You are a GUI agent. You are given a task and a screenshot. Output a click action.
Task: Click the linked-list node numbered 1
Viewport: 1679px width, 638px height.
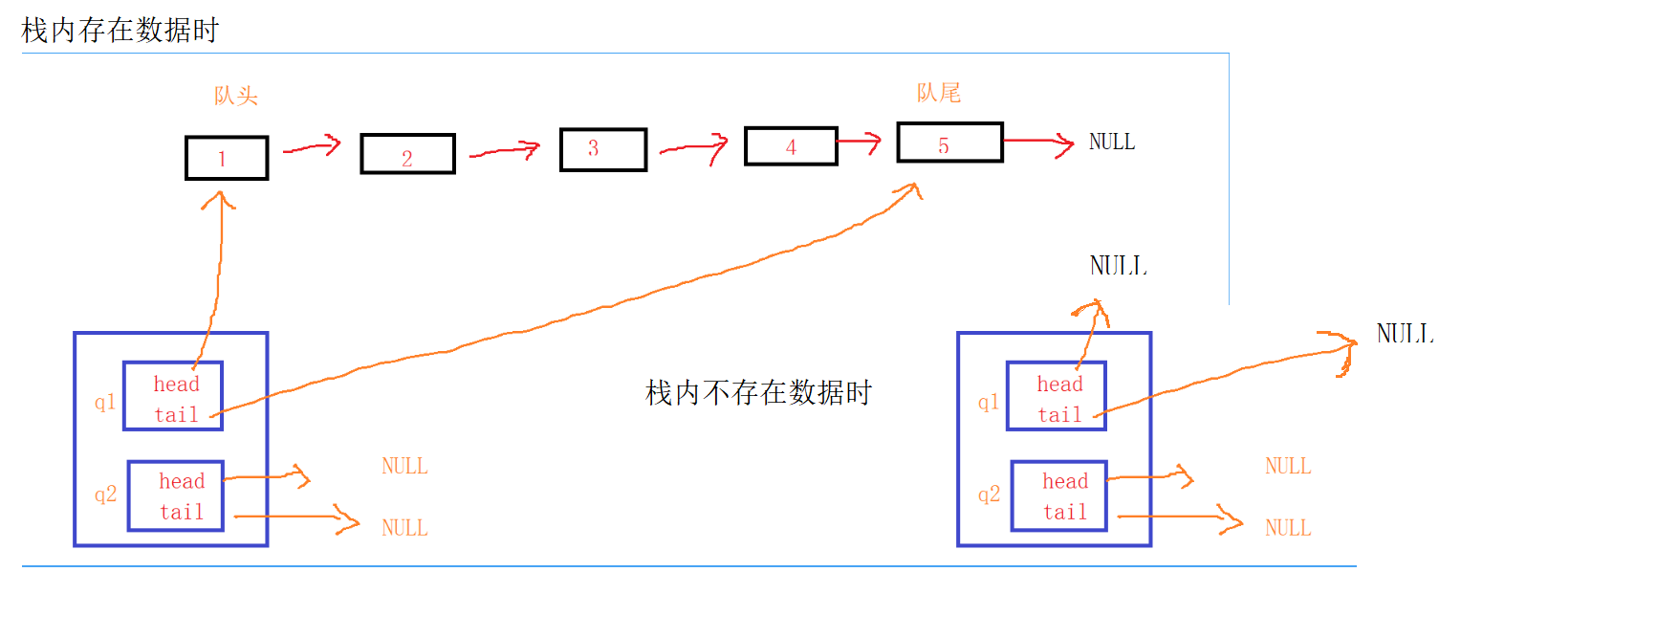(227, 158)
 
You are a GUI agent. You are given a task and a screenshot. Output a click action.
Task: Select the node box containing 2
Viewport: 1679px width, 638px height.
(407, 154)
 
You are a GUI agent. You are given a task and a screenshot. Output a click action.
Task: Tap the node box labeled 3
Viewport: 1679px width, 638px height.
(602, 149)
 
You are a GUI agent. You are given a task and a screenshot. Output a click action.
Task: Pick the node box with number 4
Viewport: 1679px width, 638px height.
(791, 146)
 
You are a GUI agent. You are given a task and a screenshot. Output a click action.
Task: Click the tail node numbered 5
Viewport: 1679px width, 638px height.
(949, 143)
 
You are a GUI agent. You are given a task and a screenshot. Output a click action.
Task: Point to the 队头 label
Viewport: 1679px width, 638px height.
(236, 96)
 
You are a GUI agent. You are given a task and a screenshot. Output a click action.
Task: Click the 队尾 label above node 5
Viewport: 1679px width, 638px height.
(939, 93)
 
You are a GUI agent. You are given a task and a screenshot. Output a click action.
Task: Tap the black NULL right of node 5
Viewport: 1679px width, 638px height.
(1112, 143)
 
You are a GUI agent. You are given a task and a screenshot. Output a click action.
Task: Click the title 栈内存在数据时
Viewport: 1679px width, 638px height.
(120, 31)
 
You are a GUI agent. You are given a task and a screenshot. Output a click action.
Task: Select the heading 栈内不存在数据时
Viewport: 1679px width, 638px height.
(758, 392)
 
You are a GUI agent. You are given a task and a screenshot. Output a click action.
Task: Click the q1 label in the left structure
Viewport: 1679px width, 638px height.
(105, 402)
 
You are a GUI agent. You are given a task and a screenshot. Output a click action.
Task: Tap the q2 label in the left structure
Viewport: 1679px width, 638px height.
(105, 495)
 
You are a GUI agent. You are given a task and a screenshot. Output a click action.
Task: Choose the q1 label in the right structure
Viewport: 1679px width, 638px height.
(989, 402)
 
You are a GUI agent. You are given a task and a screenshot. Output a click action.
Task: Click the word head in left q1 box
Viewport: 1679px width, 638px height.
(177, 385)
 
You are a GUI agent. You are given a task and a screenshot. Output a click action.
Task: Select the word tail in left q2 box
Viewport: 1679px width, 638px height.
(182, 513)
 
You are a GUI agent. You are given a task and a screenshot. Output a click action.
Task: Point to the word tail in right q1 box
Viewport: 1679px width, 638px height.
(1060, 415)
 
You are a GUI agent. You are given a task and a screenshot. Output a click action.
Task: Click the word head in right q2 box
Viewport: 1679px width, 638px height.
(1065, 481)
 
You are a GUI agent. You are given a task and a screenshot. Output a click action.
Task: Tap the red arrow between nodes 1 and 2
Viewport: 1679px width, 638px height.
(313, 147)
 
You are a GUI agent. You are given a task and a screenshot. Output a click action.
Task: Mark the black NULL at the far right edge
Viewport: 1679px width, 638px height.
(1405, 334)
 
